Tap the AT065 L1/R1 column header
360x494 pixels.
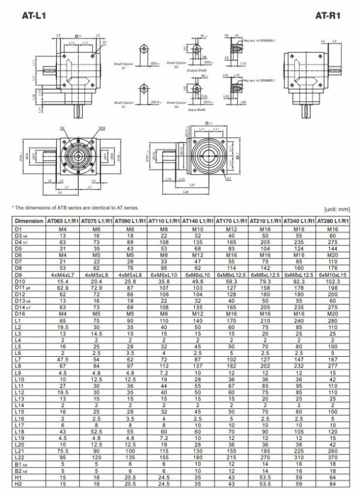pyautogui.click(x=63, y=221)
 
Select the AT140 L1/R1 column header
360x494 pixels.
pyautogui.click(x=197, y=221)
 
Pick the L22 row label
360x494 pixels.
pyautogui.click(x=19, y=456)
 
